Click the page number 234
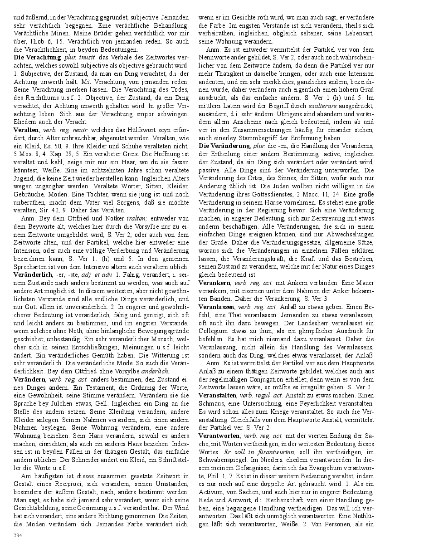18,536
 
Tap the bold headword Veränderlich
33,274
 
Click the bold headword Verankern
215,282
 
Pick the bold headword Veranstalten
218,395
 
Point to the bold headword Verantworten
219,436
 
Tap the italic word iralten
136,218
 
